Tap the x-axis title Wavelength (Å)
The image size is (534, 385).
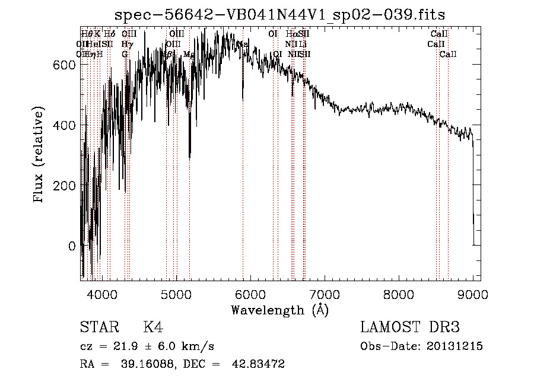coord(280,309)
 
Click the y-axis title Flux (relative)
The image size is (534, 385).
coord(39,156)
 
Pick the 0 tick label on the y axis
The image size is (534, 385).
coord(72,246)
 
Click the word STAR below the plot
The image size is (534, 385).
coord(98,327)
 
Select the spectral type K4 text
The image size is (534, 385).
coord(153,327)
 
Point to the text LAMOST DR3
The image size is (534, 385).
coord(410,327)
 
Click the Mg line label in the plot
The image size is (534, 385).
coord(189,54)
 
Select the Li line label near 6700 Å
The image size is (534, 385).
coord(303,44)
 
